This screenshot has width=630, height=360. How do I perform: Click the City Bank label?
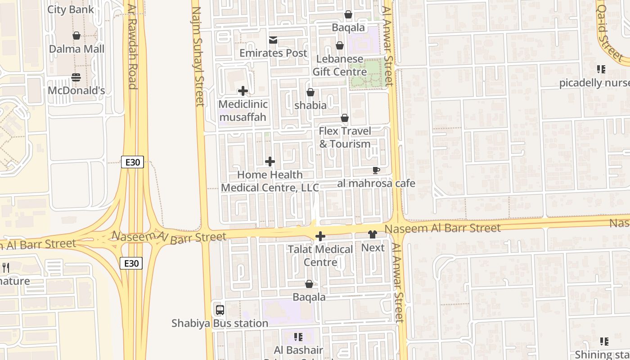[x=71, y=9]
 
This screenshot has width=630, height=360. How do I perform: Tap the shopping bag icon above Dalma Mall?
[x=76, y=36]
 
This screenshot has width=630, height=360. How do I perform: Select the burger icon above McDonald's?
[x=76, y=77]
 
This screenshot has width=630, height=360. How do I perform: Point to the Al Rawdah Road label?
[x=132, y=47]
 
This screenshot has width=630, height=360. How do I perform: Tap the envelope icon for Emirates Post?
[x=273, y=40]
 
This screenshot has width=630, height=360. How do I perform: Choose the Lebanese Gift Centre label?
[x=340, y=65]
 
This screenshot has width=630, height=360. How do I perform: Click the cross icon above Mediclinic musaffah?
[x=243, y=91]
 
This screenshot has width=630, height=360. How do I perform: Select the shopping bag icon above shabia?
[x=310, y=92]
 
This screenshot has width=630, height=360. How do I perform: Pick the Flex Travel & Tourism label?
[x=345, y=137]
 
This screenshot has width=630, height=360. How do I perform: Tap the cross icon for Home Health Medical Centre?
[x=270, y=162]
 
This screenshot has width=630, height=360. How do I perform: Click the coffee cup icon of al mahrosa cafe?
[x=376, y=170]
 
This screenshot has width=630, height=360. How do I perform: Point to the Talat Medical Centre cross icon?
[x=320, y=236]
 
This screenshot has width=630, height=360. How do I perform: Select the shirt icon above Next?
[x=373, y=234]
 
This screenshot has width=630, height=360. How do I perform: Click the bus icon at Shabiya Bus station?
[x=220, y=310]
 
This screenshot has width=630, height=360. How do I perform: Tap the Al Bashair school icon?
[x=298, y=337]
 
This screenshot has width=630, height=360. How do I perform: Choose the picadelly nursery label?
[x=594, y=83]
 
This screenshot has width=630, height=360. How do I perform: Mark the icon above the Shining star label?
[x=604, y=342]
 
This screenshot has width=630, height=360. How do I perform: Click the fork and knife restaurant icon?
[x=6, y=268]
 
